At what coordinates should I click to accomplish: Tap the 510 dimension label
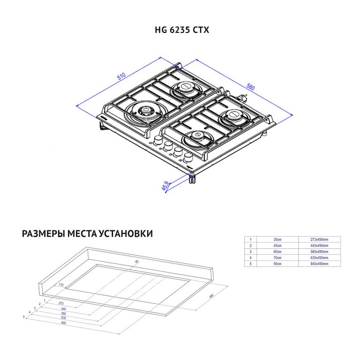pos(121,76)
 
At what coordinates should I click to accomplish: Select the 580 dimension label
pos(251,87)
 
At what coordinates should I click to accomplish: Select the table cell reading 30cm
pos(277,239)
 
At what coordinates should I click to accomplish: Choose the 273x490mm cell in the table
pos(319,239)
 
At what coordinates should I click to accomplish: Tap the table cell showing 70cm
pos(277,258)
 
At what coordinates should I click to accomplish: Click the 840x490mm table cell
pos(319,264)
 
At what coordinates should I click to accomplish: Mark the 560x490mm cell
pos(319,252)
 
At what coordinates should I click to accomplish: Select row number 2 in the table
pos(250,246)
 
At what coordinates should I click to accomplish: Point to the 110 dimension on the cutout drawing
pos(60,285)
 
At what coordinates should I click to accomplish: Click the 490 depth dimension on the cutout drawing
pos(211,296)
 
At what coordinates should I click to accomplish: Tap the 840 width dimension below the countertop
pos(63,323)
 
